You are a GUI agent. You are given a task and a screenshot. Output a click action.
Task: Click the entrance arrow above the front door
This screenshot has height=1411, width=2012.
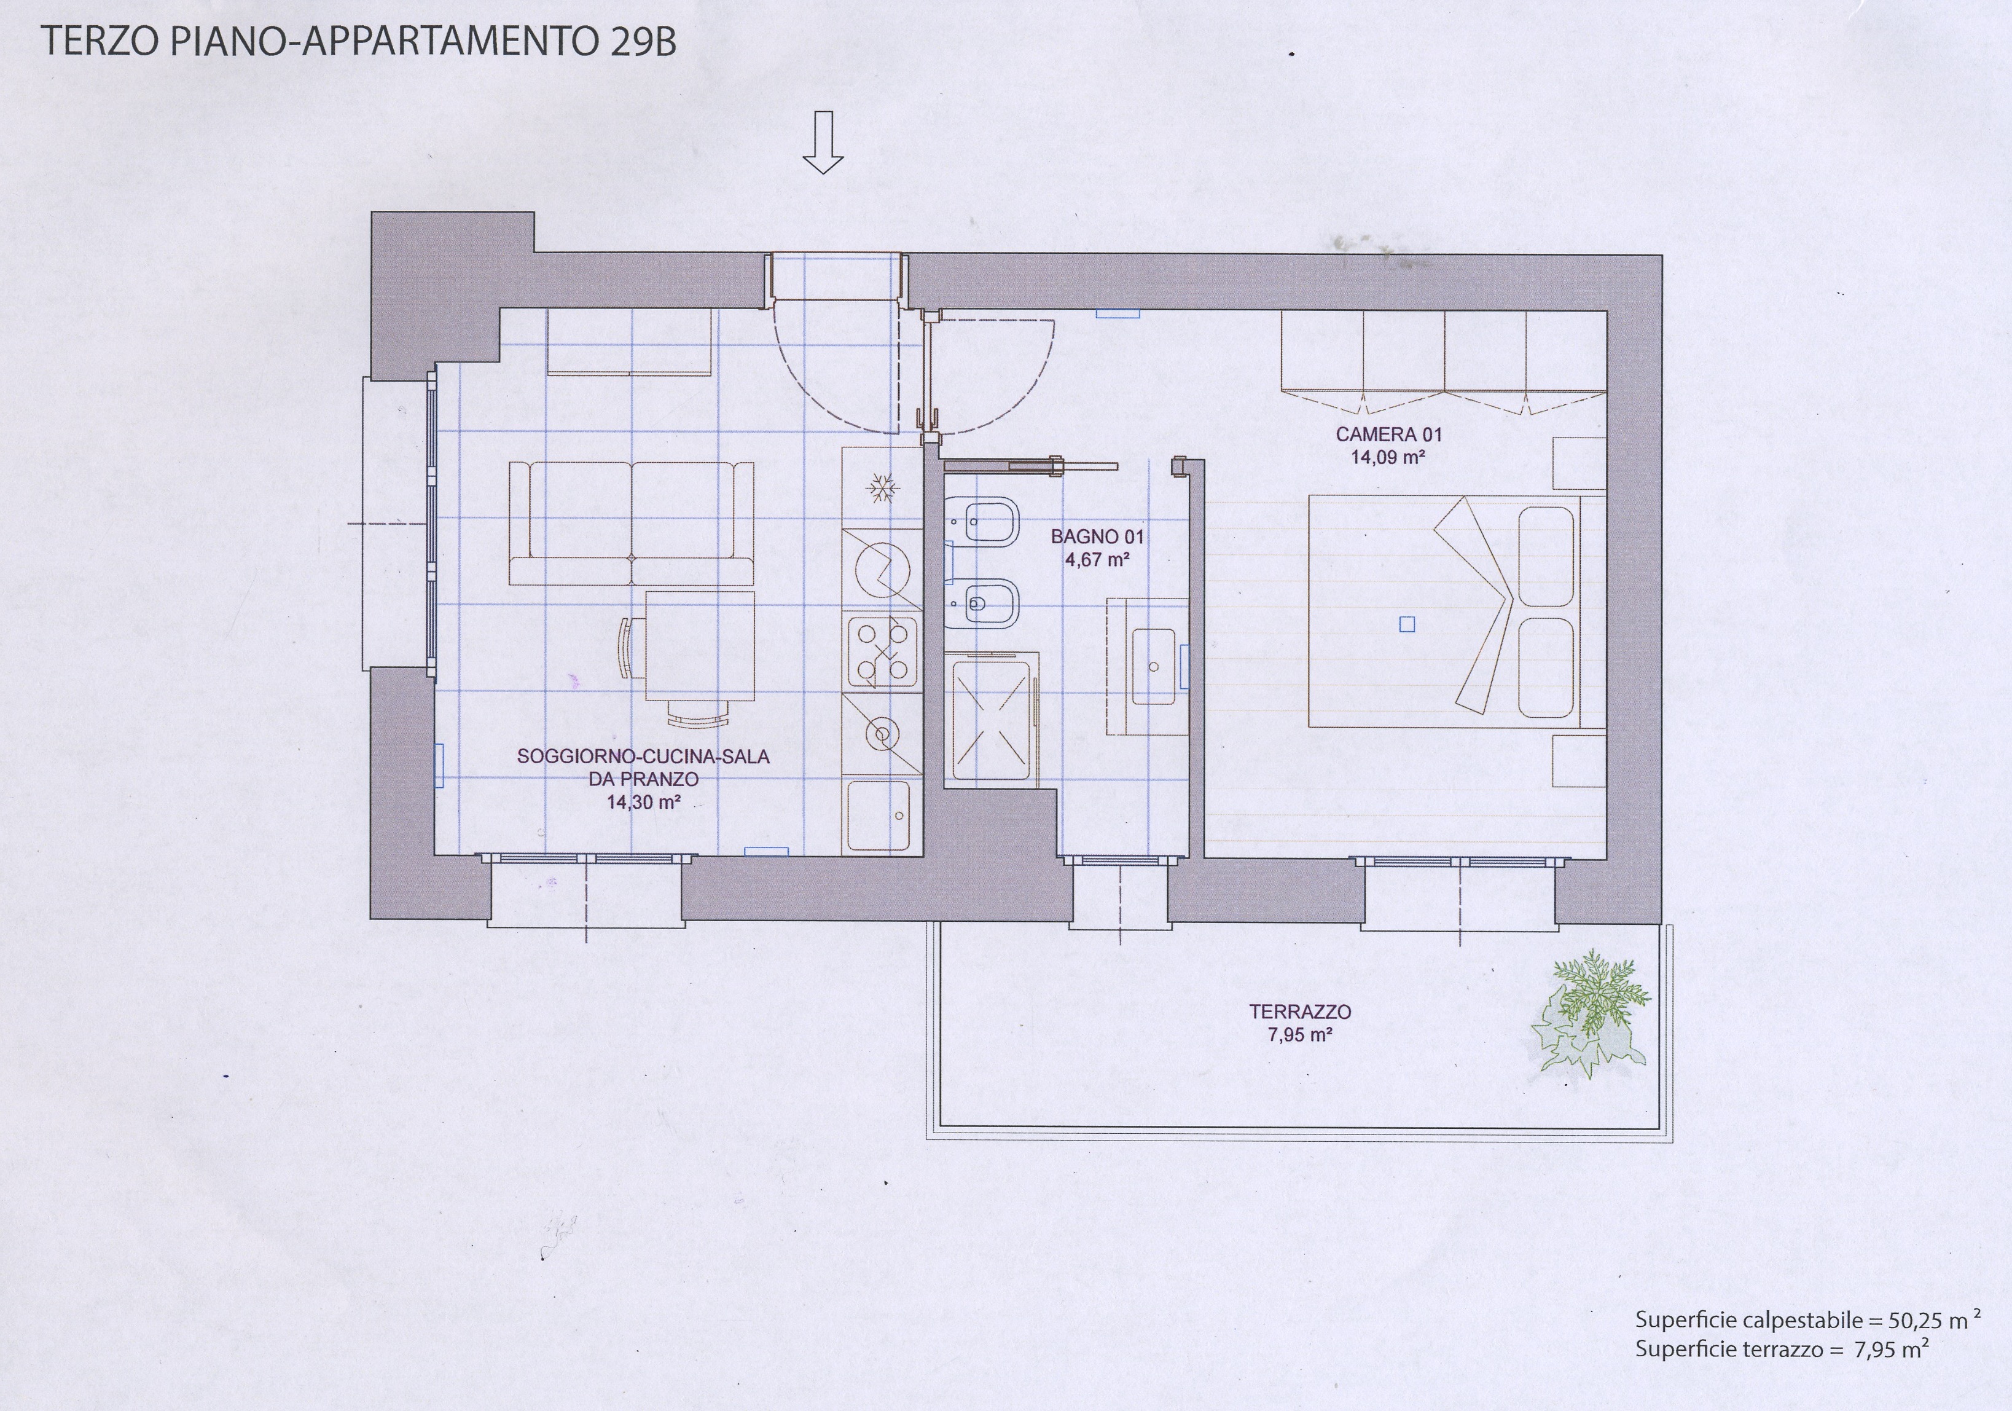point(823,142)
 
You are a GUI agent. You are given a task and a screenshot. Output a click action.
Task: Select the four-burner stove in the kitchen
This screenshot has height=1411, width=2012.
point(882,652)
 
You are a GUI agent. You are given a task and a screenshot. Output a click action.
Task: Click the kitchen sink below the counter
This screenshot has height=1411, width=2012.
point(879,815)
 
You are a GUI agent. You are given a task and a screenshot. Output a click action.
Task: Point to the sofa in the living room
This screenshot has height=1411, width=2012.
point(631,523)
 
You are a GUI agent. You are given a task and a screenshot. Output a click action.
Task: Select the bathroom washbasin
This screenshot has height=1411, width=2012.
point(1154,666)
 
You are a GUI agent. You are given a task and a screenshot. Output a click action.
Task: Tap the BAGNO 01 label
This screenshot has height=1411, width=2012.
point(1097,536)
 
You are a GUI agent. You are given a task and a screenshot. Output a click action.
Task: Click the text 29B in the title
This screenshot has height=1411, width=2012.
point(643,42)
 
